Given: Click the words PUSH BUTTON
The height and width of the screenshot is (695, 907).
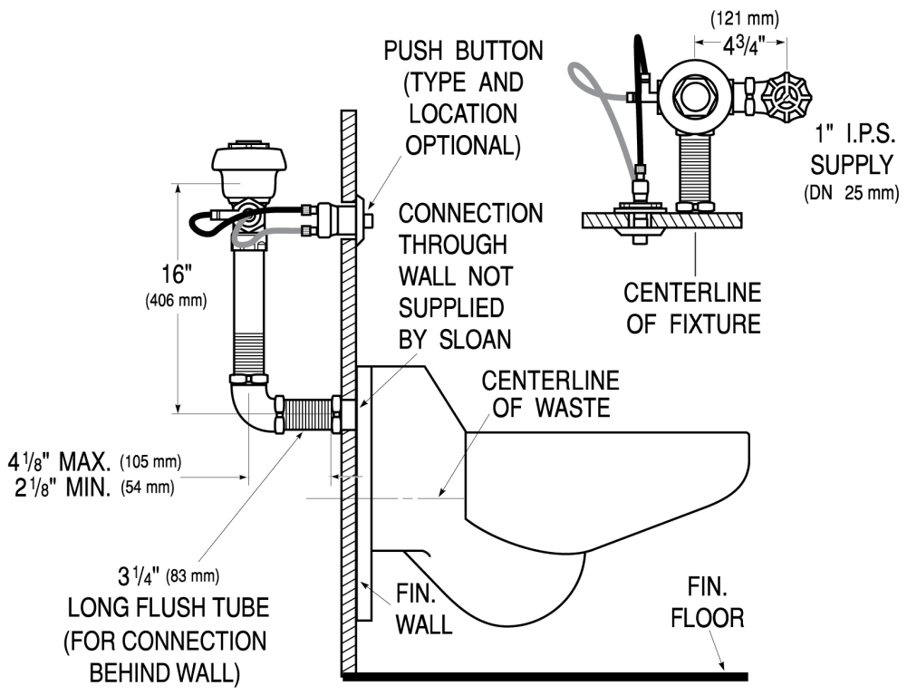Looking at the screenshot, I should tap(463, 51).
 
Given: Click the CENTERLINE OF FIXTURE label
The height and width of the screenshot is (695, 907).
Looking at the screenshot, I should tap(693, 308).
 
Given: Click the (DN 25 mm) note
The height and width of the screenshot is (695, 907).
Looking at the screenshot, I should tap(851, 192).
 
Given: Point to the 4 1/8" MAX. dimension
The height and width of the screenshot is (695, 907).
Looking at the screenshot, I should tap(59, 461).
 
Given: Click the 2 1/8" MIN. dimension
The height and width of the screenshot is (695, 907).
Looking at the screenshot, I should tap(59, 489).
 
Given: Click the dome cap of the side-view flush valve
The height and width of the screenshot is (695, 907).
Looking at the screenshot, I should tap(242, 163).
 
